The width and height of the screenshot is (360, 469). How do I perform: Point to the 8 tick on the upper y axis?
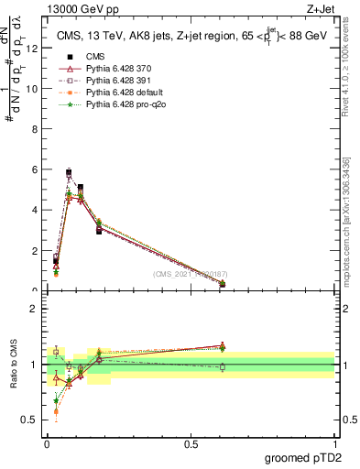pos(38,129)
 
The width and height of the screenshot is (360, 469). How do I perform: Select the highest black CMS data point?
pos(69,172)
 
